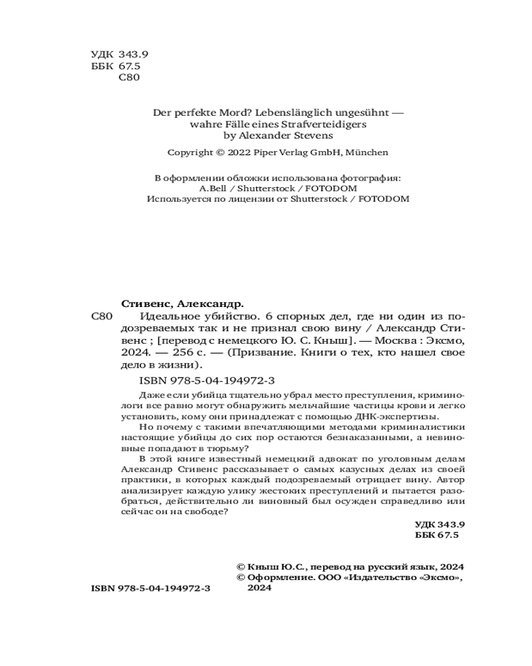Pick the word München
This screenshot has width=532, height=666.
point(366,153)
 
